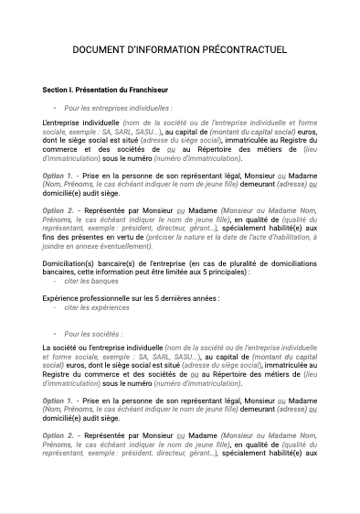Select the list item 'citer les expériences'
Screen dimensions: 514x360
[98, 308]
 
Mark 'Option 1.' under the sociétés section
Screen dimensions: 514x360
[58, 401]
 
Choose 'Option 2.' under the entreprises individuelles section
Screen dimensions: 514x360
[58, 210]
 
